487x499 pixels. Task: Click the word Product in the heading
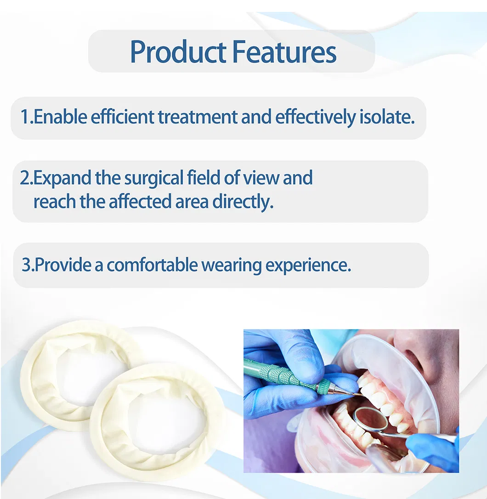click(178, 52)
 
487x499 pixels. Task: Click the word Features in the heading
click(284, 52)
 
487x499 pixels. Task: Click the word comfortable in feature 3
click(152, 265)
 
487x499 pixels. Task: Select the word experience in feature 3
click(308, 265)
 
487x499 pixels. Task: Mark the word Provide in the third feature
click(62, 265)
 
